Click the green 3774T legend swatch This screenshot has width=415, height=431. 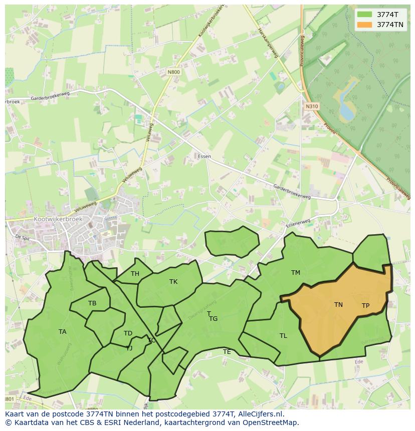click(364, 15)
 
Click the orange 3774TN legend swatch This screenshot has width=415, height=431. click(364, 25)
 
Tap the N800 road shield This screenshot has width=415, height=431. click(173, 72)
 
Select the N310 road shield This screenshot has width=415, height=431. click(311, 106)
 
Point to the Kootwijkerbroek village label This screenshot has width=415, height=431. click(58, 219)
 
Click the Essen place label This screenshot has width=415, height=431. click(204, 157)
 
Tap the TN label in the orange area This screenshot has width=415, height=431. click(338, 304)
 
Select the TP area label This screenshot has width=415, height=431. click(365, 306)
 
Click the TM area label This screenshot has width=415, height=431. click(296, 273)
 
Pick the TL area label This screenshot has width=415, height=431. click(283, 336)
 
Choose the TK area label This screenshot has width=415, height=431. click(173, 282)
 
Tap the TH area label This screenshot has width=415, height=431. click(135, 274)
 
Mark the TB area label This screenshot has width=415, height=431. click(92, 303)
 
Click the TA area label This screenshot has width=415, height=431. click(62, 332)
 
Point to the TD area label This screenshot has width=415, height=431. click(128, 333)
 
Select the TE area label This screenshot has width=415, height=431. click(227, 352)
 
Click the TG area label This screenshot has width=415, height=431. click(214, 319)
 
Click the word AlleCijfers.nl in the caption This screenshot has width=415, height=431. click(260, 414)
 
